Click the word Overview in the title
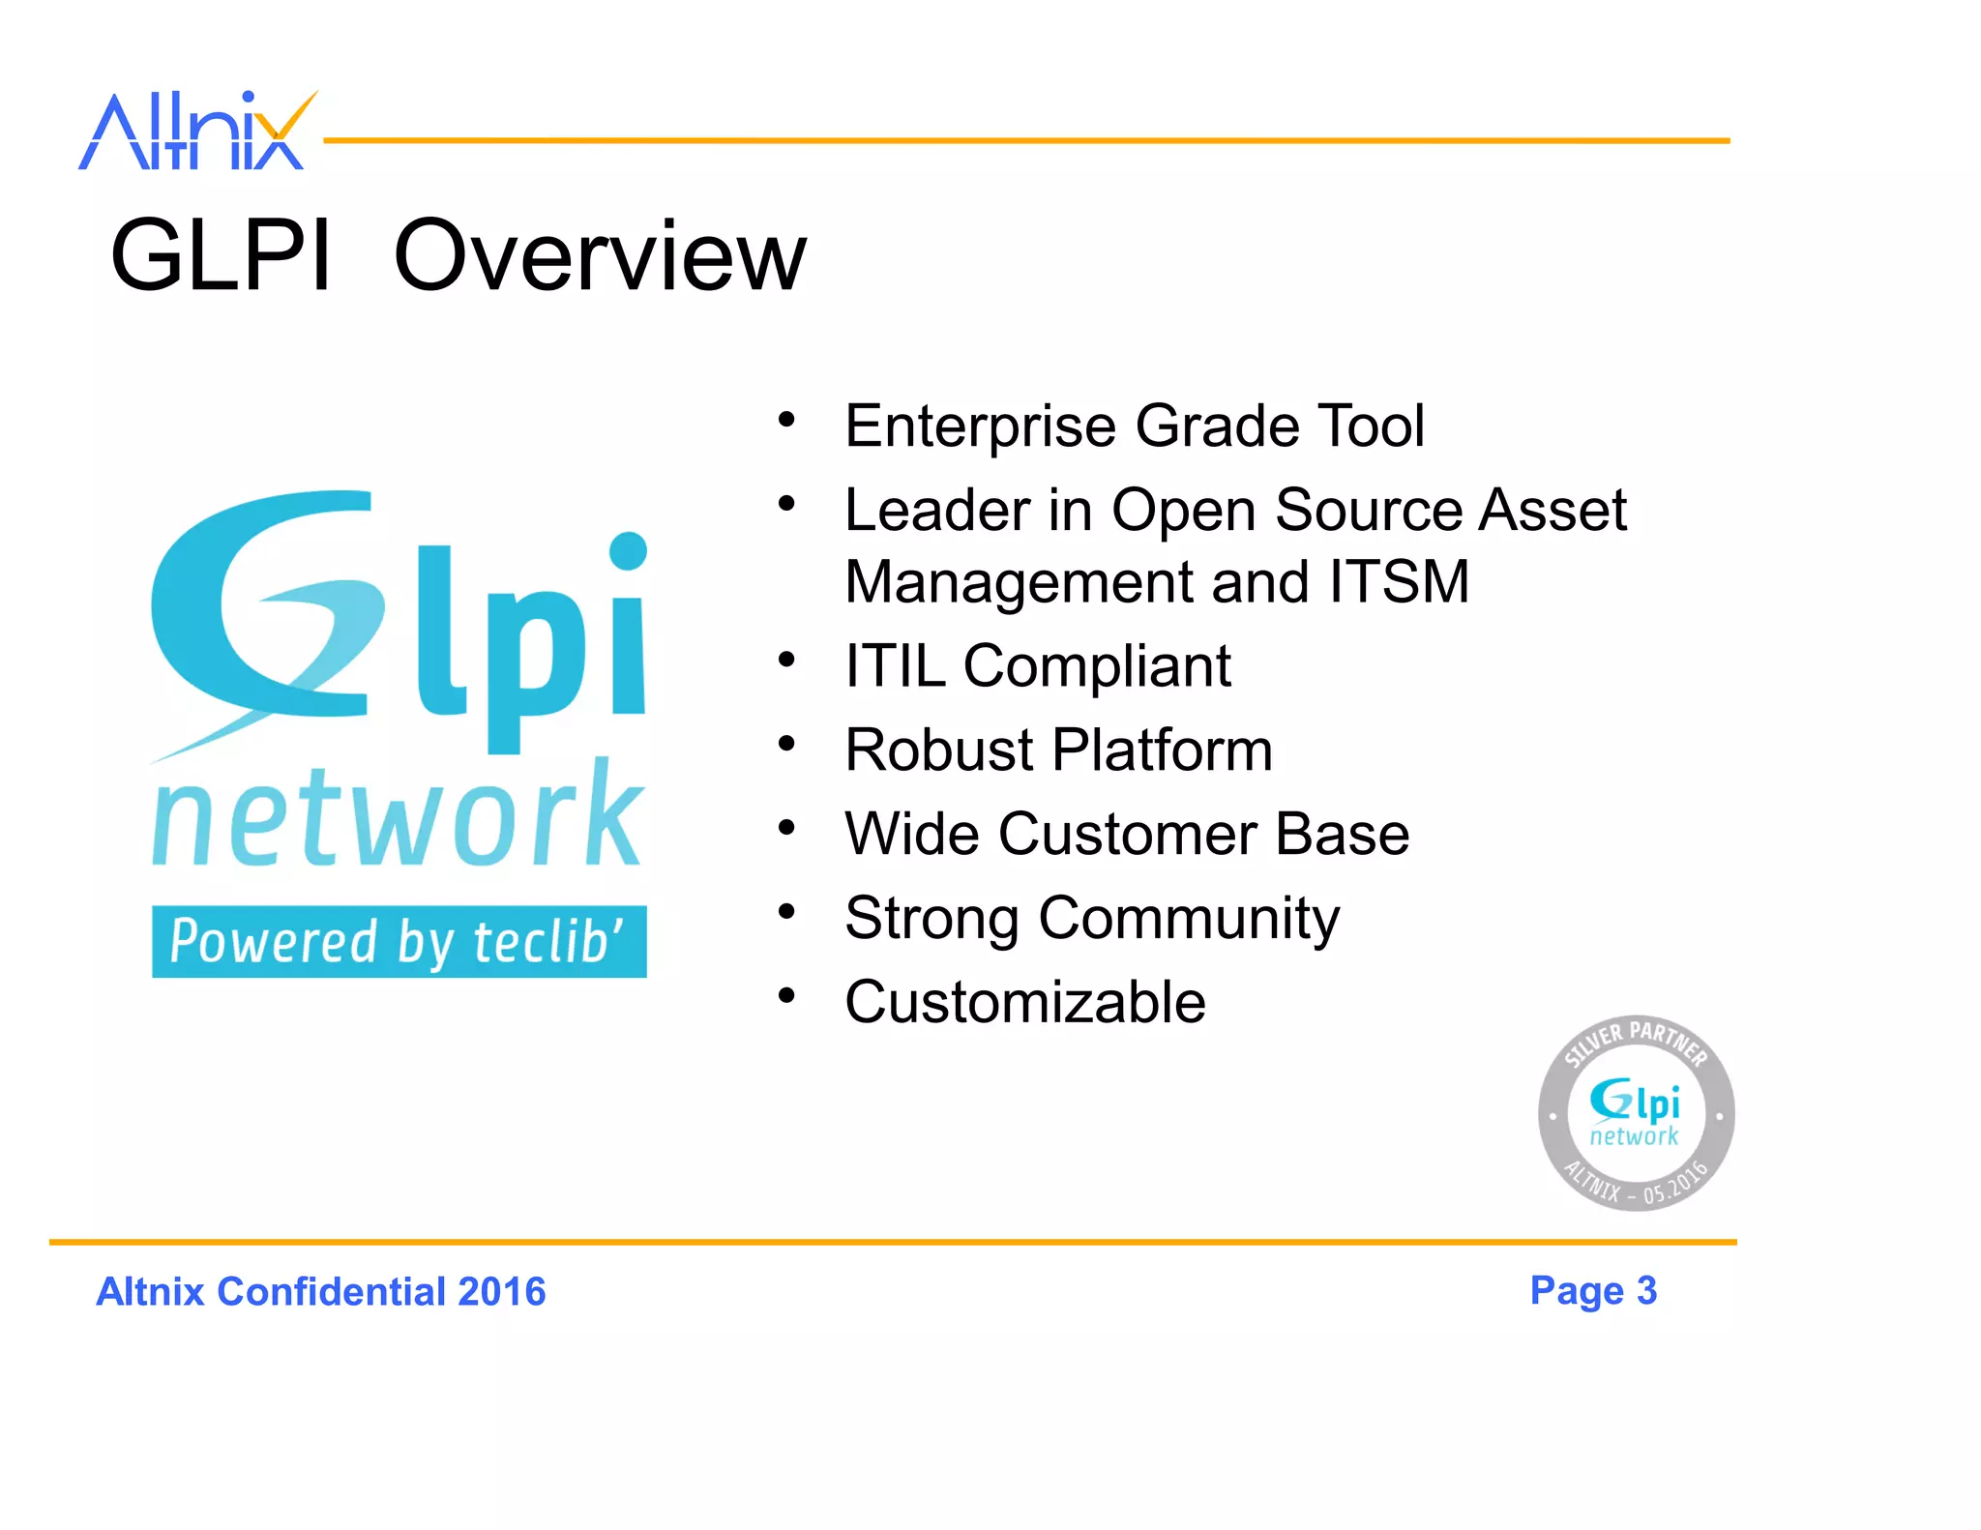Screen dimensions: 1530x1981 point(599,256)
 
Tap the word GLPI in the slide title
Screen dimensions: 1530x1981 point(221,256)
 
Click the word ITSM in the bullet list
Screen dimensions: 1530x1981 point(1398,582)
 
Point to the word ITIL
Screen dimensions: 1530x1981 point(895,666)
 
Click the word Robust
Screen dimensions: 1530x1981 point(939,750)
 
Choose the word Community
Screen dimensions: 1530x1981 point(1189,919)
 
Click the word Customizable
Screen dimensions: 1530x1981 point(1024,1002)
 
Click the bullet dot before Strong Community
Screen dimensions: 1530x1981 point(786,911)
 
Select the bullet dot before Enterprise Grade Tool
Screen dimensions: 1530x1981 point(786,419)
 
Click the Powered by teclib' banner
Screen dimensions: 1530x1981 point(399,942)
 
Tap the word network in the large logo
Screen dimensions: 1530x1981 point(397,817)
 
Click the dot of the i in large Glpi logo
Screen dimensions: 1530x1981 point(628,551)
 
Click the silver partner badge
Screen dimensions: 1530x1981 point(1636,1113)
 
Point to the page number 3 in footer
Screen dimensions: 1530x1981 point(1646,1290)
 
